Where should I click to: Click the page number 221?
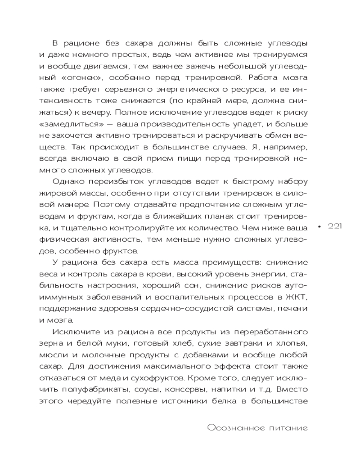point(335,226)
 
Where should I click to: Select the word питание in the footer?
point(284,428)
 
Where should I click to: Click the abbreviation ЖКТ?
point(298,297)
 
